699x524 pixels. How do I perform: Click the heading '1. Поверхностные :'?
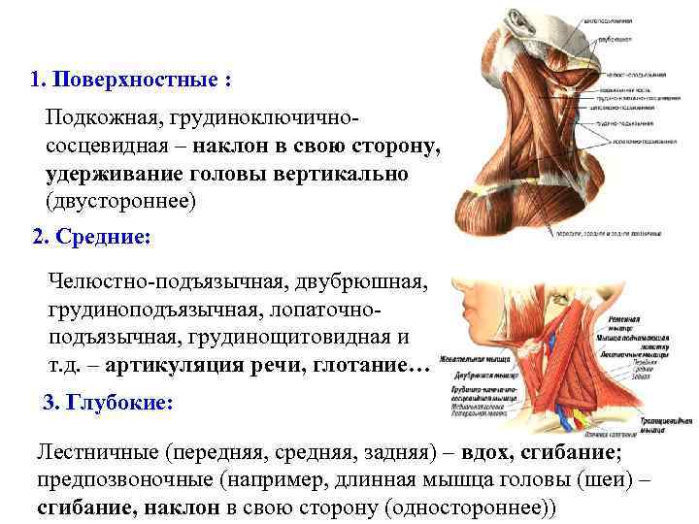131,79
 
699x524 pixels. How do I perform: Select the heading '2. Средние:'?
92,236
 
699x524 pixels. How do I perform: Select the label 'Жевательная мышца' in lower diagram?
475,356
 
